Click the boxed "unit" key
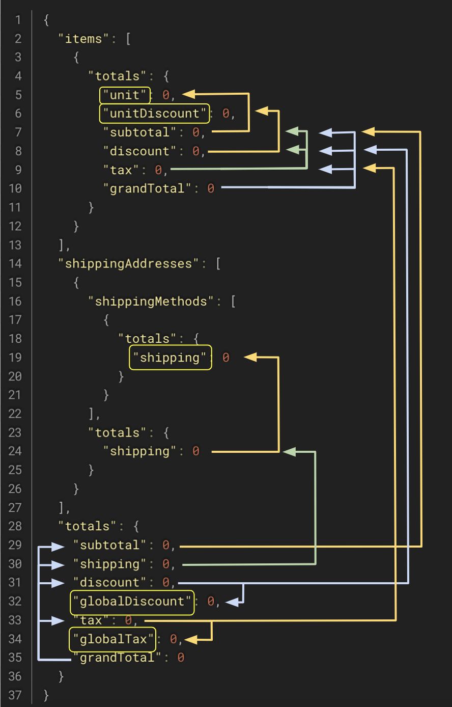point(125,95)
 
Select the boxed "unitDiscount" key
point(154,114)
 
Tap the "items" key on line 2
point(83,39)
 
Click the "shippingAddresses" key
point(128,264)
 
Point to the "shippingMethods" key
point(151,302)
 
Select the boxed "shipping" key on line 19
point(170,358)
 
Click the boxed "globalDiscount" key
point(132,602)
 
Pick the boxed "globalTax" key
point(113,639)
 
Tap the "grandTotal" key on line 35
point(117,658)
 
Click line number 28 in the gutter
point(15,526)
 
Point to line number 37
point(15,695)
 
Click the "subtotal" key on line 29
point(109,545)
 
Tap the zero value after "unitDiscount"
point(225,114)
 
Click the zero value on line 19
point(225,358)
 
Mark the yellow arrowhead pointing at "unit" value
point(189,94)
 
